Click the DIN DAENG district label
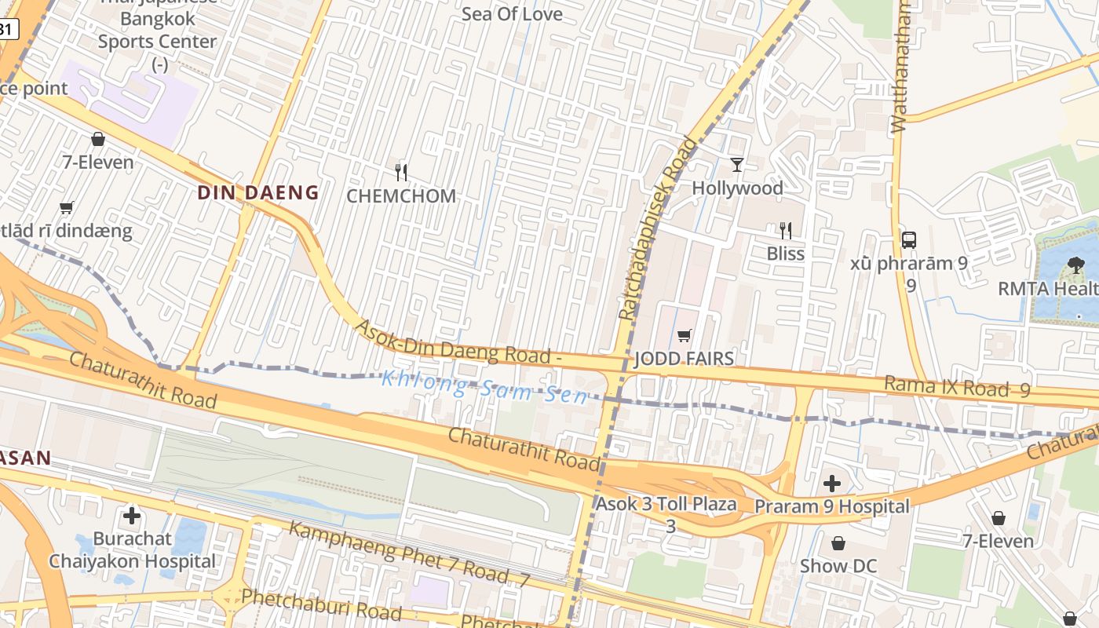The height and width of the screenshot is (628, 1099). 257,192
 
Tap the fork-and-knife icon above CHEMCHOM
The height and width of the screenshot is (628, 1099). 401,173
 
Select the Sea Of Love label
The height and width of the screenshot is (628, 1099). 512,14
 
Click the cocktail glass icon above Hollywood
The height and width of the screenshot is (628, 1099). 736,164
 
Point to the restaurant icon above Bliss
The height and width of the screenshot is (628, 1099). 785,230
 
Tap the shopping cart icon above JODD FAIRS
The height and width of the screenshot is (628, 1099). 684,336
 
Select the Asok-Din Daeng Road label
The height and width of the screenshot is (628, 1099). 458,342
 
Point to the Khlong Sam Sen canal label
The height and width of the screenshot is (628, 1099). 484,387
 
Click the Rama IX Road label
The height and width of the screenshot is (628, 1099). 956,386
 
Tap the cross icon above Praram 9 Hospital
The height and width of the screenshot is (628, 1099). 832,484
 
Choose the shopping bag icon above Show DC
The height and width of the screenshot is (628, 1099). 838,543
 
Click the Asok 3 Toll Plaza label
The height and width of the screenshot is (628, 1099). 666,504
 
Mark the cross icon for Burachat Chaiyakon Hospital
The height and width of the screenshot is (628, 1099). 132,516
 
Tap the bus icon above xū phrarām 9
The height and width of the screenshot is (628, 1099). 909,240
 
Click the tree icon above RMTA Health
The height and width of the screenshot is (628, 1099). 1075,265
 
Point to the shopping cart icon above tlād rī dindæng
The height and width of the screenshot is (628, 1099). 67,208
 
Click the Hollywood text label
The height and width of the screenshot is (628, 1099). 737,188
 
